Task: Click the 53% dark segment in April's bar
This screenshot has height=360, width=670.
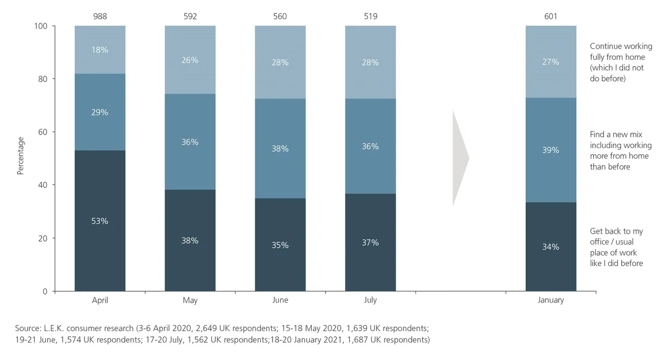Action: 100,221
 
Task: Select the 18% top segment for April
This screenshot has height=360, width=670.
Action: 100,50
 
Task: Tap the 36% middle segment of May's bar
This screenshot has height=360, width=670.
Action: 190,142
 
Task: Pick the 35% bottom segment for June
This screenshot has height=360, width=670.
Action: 280,245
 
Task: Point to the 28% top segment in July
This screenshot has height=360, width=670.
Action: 371,62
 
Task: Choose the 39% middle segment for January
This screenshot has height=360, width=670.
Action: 550,150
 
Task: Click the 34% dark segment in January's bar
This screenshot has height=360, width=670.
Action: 550,247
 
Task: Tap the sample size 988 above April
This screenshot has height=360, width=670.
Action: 100,17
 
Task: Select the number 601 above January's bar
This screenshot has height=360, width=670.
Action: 550,17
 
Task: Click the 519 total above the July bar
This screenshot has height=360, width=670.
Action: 371,17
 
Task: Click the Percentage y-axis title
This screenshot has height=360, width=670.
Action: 21,156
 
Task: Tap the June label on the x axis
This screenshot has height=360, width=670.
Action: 280,300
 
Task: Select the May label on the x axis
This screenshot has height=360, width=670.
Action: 190,300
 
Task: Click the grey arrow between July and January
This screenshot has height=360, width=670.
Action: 460,158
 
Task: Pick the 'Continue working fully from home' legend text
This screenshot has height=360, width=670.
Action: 617,62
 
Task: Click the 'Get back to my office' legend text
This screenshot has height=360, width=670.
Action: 616,247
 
